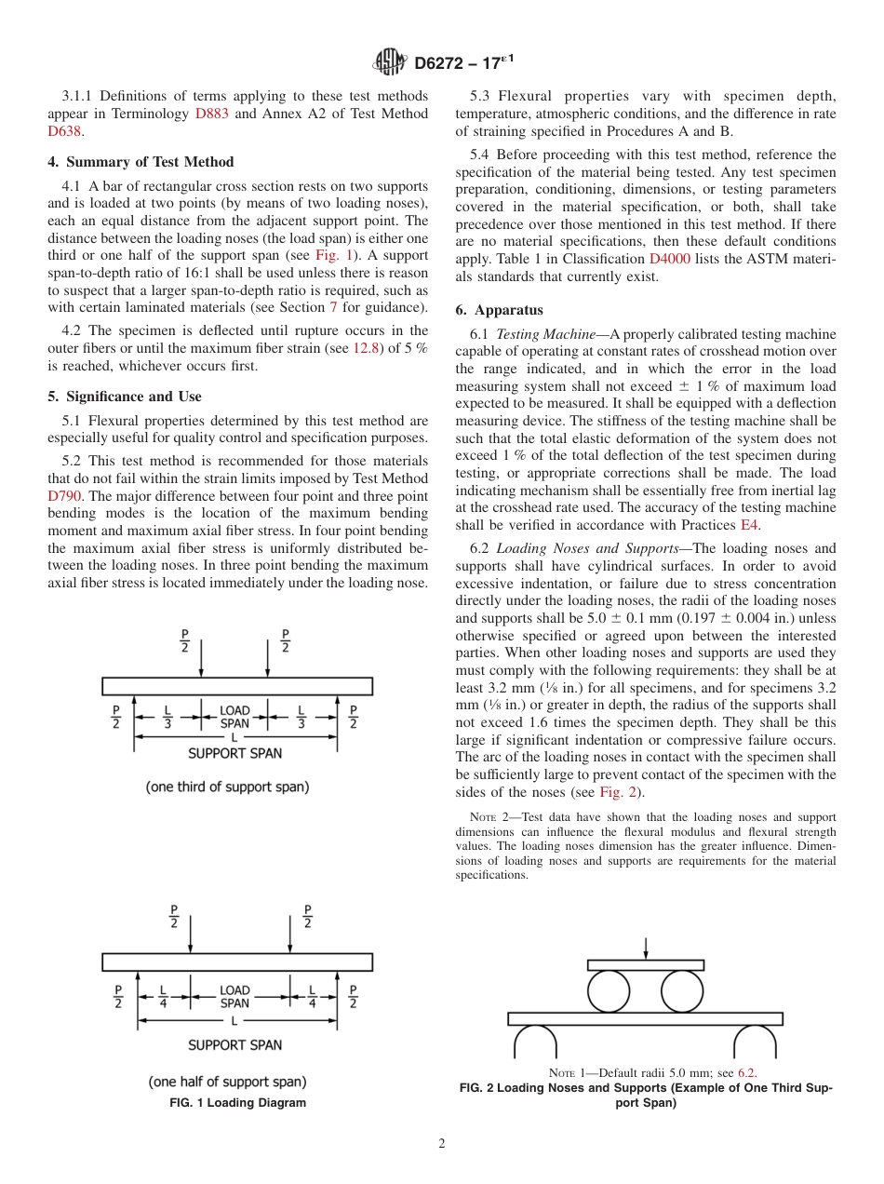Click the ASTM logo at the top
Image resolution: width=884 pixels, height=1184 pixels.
(x=389, y=62)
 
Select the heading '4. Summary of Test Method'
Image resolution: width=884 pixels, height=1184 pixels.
(x=141, y=162)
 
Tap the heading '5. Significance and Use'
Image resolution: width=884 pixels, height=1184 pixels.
(x=124, y=397)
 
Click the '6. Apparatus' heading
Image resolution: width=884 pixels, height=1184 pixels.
(x=499, y=310)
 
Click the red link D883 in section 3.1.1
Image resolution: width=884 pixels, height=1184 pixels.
(x=210, y=114)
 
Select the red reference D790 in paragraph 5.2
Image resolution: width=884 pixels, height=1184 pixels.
(x=64, y=496)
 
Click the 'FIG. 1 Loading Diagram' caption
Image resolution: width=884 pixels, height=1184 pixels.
(x=236, y=1103)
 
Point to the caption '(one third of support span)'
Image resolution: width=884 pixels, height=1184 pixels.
(x=227, y=787)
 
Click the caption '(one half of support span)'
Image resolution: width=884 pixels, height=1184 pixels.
(x=227, y=1082)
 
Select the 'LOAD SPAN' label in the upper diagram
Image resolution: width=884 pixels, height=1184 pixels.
(x=234, y=716)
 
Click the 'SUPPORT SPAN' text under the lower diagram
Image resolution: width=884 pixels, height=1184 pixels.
(x=234, y=1045)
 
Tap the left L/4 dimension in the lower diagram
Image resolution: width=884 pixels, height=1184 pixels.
(x=163, y=996)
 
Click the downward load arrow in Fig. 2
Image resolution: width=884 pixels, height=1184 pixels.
(x=646, y=948)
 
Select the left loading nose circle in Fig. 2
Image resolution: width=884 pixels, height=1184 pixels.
(x=609, y=991)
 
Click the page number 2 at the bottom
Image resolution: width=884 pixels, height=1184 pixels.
(x=441, y=1144)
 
